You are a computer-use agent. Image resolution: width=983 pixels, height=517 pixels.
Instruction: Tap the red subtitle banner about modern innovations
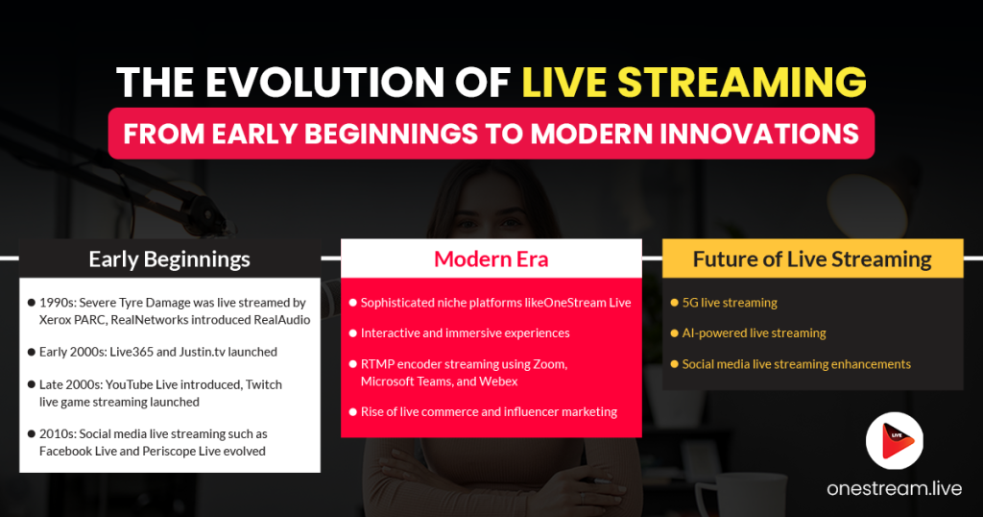491,133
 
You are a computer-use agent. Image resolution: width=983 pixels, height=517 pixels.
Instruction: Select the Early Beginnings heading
169,258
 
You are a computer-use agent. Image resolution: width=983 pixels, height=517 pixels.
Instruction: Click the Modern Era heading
491,258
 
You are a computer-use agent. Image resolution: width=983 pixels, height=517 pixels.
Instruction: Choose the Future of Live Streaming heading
812,258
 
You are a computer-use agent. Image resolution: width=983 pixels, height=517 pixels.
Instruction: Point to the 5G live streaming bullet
729,303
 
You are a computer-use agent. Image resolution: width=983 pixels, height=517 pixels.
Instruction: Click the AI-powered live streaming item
754,333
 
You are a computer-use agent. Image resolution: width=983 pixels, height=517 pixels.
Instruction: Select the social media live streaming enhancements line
796,364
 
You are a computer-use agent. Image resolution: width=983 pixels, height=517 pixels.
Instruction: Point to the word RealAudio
279,319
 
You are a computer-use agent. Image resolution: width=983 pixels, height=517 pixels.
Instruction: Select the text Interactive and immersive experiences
466,333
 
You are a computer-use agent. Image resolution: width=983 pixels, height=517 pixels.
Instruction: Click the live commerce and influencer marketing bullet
489,412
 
